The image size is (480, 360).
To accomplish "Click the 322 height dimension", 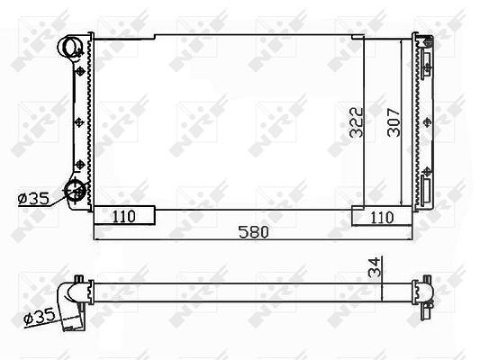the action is pos(357,122).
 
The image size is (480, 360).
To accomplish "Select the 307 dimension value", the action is pos(394,122).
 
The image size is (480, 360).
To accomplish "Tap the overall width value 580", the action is pos(254,232).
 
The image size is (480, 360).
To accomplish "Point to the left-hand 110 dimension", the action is pos(124,217).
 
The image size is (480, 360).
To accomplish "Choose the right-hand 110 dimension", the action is pos(382,218).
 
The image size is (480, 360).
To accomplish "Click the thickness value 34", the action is pos(375,267).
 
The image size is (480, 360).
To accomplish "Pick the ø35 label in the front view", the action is pos(33,199).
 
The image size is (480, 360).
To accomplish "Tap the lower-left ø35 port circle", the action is pos(75,190).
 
